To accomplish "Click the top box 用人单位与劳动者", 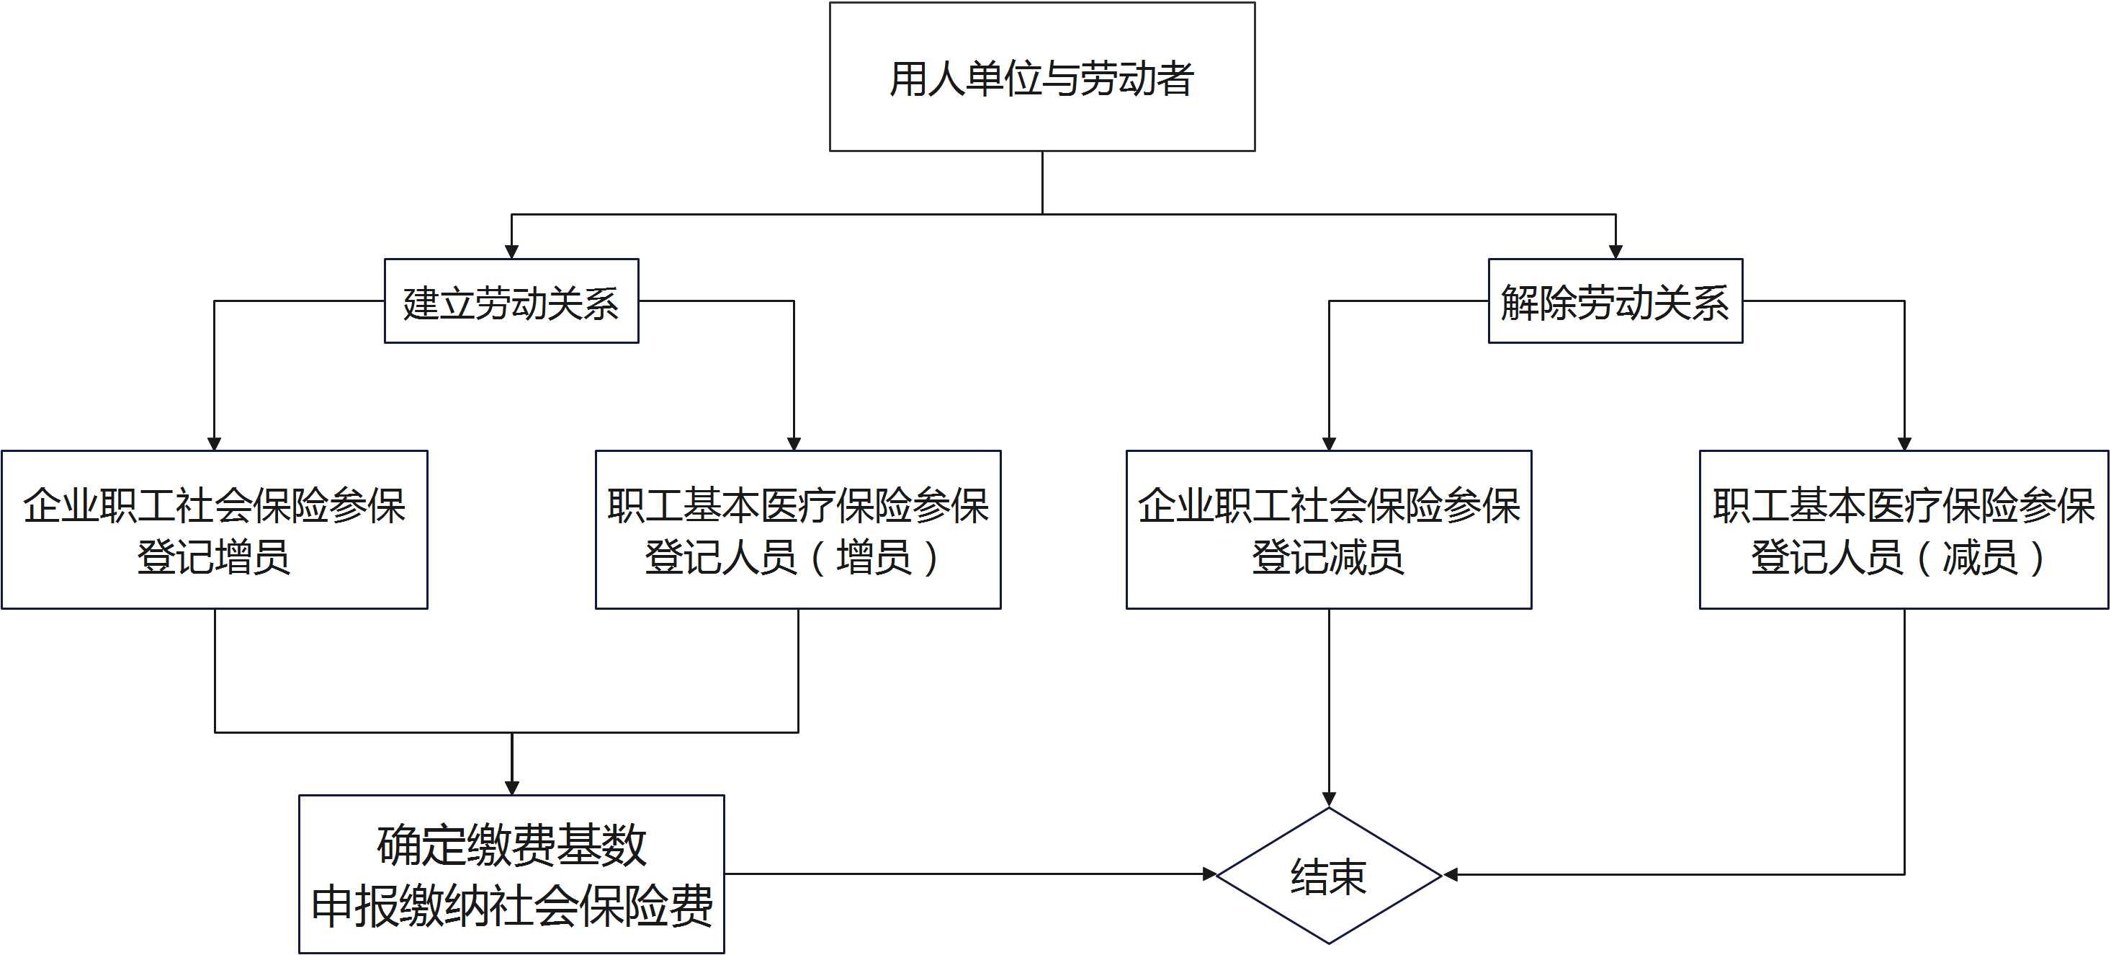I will [1041, 77].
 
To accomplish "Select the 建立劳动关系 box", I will [511, 301].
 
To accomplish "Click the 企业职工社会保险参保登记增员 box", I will [214, 530].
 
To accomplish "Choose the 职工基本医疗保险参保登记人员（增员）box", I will [797, 530].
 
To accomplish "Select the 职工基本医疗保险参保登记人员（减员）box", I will [1903, 530].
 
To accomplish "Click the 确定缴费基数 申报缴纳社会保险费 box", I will [511, 874].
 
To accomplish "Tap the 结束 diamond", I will [1328, 876].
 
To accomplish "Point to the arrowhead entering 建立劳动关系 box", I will [511, 251].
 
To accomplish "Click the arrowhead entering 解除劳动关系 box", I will [1615, 251].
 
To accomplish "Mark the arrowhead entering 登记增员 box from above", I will [214, 443].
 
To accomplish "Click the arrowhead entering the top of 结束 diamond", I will [1328, 799].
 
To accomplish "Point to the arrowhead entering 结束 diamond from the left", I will [1209, 874].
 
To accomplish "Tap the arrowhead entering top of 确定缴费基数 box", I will [511, 788].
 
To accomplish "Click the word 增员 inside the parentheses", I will [873, 557].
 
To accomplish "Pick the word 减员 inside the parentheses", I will [1979, 557].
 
